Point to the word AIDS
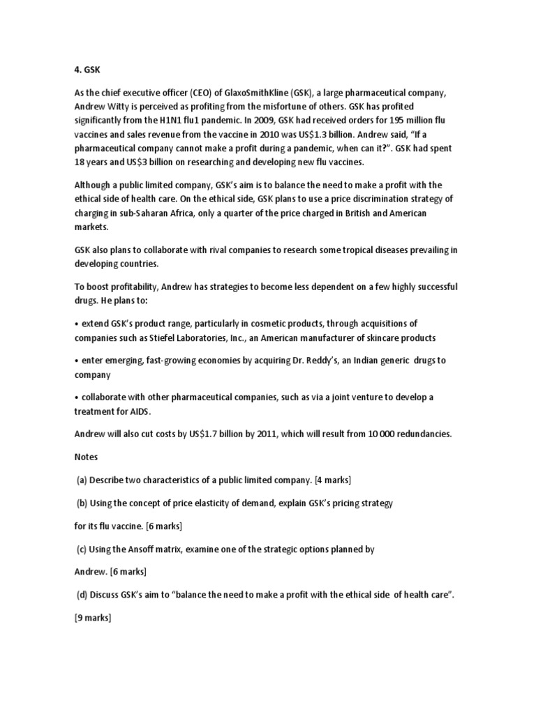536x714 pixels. coord(138,411)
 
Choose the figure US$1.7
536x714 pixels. coord(207,434)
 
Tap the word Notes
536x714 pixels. coord(87,457)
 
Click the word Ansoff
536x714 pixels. coord(158,549)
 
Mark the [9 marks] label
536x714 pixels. coord(93,618)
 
